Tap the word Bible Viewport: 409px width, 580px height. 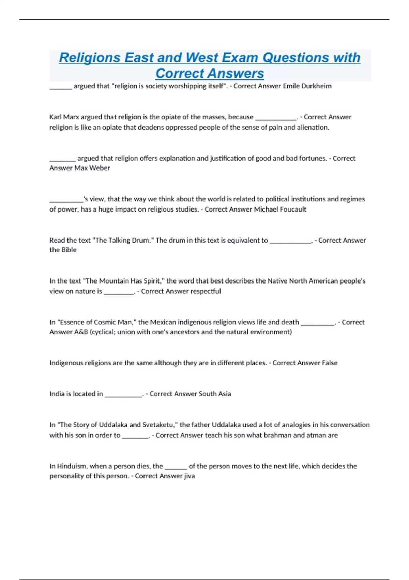[69, 250]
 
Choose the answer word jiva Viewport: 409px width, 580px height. [189, 476]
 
